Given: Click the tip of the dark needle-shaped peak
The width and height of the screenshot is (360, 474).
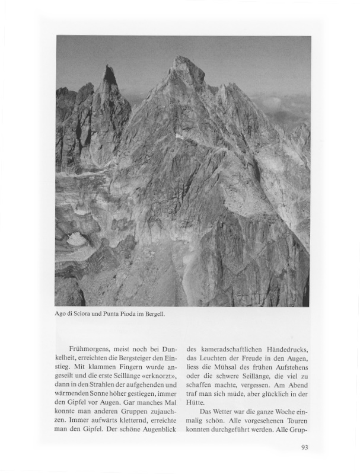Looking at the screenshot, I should pos(109,67).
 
